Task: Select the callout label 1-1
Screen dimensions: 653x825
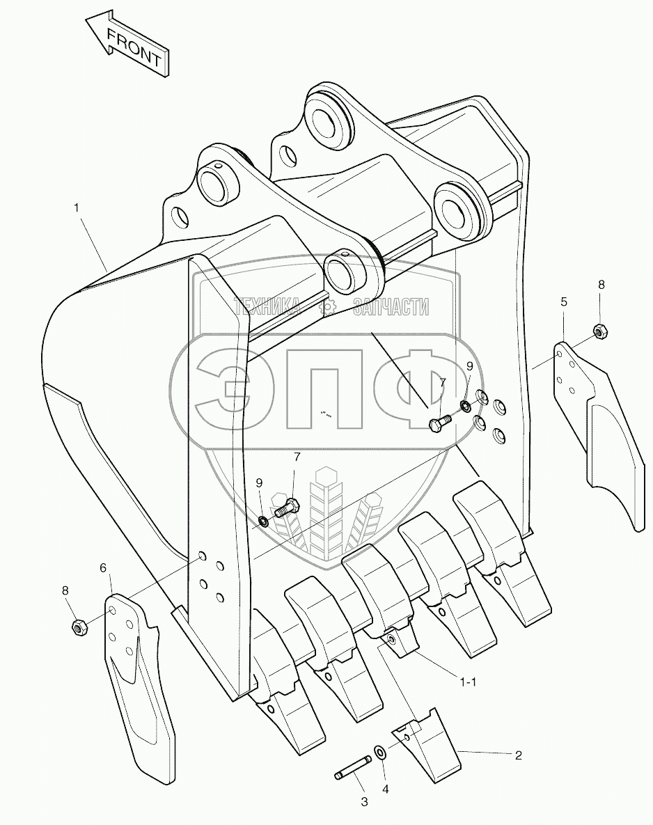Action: [468, 682]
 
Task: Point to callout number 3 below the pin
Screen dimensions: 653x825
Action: [363, 802]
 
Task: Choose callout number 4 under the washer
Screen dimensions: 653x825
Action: [385, 789]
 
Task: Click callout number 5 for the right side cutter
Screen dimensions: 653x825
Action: [564, 301]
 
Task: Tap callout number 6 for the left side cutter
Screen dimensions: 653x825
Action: [103, 568]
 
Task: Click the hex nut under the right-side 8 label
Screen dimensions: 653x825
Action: [598, 329]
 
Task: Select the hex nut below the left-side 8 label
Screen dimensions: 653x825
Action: [79, 627]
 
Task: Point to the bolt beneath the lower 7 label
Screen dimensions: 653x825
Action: [286, 508]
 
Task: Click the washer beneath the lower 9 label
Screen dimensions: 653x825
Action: [263, 521]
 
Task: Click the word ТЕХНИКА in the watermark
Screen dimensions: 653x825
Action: [267, 306]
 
